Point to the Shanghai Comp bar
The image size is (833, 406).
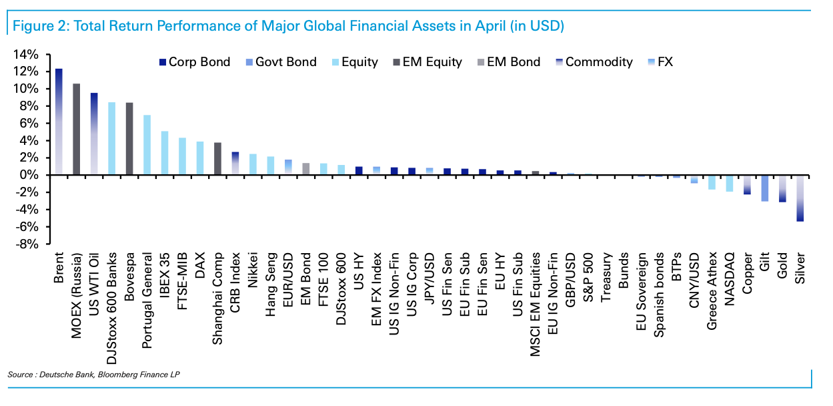pos(217,159)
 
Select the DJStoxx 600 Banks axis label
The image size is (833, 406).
pos(112,290)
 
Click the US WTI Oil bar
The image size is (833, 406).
pos(94,134)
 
